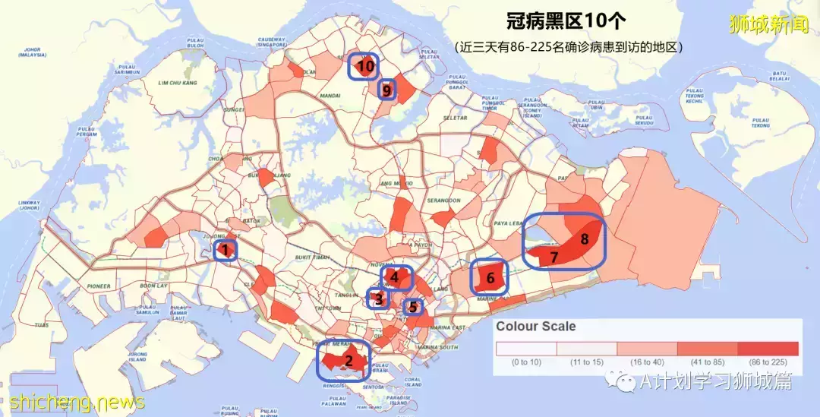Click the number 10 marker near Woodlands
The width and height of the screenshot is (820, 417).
click(x=364, y=67)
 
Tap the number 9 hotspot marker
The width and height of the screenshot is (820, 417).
click(x=386, y=90)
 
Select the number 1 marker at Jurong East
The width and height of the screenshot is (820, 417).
click(x=225, y=249)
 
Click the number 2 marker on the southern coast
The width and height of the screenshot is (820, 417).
click(x=348, y=361)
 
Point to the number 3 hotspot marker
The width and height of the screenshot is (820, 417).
click(x=377, y=299)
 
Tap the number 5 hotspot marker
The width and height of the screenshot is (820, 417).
click(x=412, y=308)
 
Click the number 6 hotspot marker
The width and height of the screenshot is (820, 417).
click(x=490, y=278)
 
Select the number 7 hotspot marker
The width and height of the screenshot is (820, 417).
click(x=554, y=257)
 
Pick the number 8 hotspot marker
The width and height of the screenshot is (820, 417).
click(x=584, y=239)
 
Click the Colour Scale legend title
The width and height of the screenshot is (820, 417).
click(x=535, y=327)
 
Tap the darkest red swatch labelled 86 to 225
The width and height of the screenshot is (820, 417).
click(x=768, y=349)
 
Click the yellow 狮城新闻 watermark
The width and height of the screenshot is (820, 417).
click(x=768, y=25)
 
